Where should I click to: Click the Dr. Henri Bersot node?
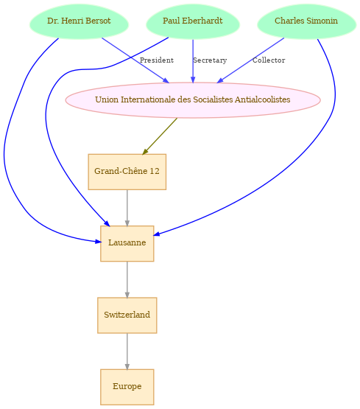click(79, 21)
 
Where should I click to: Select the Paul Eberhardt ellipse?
click(193, 21)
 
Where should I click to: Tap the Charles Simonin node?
click(306, 21)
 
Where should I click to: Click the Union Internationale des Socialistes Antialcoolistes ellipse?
click(193, 100)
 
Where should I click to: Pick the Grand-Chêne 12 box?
click(127, 172)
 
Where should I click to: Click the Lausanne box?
click(127, 243)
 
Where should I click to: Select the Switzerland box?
click(127, 315)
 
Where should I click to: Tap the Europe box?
click(127, 387)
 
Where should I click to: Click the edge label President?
click(157, 60)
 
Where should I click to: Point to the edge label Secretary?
click(210, 60)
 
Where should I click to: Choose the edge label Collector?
click(269, 60)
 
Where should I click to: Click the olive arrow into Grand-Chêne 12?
click(160, 136)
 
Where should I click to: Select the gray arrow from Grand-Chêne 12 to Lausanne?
click(127, 208)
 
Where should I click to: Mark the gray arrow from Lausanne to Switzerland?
click(127, 279)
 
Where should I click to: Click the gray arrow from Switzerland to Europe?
click(127, 352)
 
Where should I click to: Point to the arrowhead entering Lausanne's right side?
click(157, 234)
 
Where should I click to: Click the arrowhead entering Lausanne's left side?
click(98, 242)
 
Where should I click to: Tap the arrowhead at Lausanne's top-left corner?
click(107, 223)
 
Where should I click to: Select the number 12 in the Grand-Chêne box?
click(155, 171)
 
